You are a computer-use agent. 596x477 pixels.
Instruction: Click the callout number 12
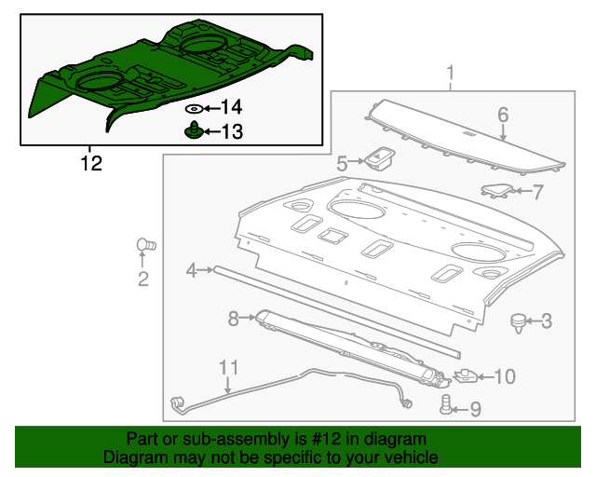89,164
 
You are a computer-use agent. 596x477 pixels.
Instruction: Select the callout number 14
230,108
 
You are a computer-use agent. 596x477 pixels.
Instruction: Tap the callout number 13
230,132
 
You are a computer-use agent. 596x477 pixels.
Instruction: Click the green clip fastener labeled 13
192,129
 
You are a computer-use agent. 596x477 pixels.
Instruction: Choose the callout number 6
503,116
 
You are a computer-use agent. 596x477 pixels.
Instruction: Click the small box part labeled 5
379,159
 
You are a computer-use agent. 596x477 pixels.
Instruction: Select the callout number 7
537,193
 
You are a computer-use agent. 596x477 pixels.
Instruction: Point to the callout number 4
191,270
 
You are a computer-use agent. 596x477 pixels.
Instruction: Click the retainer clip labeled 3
518,322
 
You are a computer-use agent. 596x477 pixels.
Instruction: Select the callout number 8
234,319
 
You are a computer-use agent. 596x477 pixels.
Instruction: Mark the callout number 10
503,376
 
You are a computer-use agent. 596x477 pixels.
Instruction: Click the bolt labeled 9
446,405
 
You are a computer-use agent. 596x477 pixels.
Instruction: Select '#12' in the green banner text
328,439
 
